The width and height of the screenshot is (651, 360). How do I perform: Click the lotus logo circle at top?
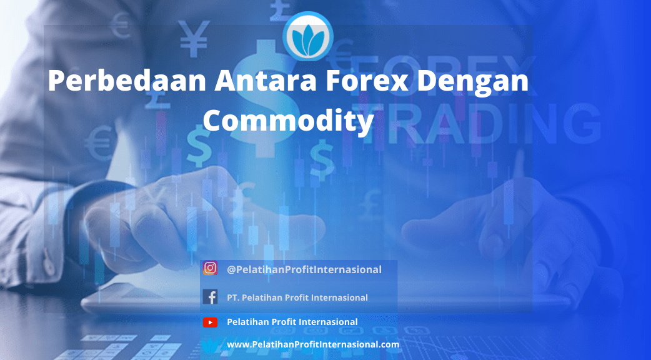point(307,36)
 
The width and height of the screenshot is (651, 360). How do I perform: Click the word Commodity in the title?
point(289,121)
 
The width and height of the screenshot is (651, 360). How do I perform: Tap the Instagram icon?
point(210,268)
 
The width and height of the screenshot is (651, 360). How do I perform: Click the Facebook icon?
point(210,297)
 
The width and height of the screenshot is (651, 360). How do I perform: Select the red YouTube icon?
point(210,322)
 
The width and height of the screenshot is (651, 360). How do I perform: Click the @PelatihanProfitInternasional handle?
point(304,269)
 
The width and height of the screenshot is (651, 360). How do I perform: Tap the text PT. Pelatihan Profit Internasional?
point(297,297)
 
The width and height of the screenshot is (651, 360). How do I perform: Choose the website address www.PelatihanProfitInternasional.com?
point(313,344)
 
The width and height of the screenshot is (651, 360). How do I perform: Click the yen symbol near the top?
point(193,38)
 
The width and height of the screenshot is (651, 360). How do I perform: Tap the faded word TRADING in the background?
point(482,121)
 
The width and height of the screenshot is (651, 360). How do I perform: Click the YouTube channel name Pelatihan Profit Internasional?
point(292,322)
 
